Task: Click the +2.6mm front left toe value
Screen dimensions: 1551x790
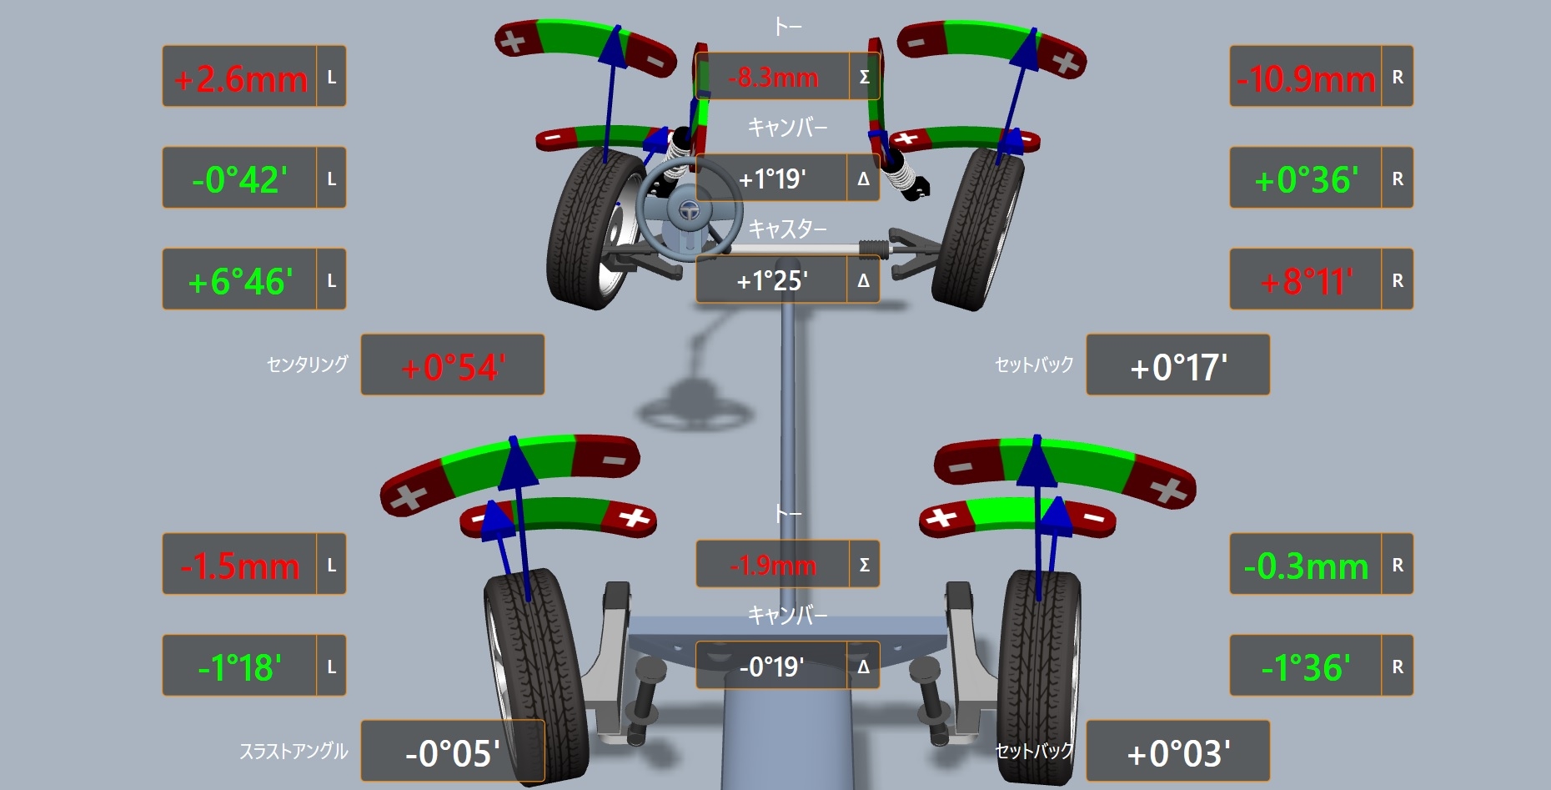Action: coord(240,79)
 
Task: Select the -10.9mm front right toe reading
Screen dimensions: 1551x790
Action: coord(1306,79)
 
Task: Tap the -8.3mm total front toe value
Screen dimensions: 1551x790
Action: coord(773,78)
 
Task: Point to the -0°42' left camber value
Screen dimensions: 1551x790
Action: coord(240,179)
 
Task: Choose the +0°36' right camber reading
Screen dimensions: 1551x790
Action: coord(1306,179)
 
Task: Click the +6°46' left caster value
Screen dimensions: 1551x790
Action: coord(240,282)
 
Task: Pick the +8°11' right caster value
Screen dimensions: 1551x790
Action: coord(1306,282)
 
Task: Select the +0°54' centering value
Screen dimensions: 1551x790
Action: coord(453,367)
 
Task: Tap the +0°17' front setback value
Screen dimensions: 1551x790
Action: coord(1178,367)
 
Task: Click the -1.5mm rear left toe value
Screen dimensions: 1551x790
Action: coord(240,566)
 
